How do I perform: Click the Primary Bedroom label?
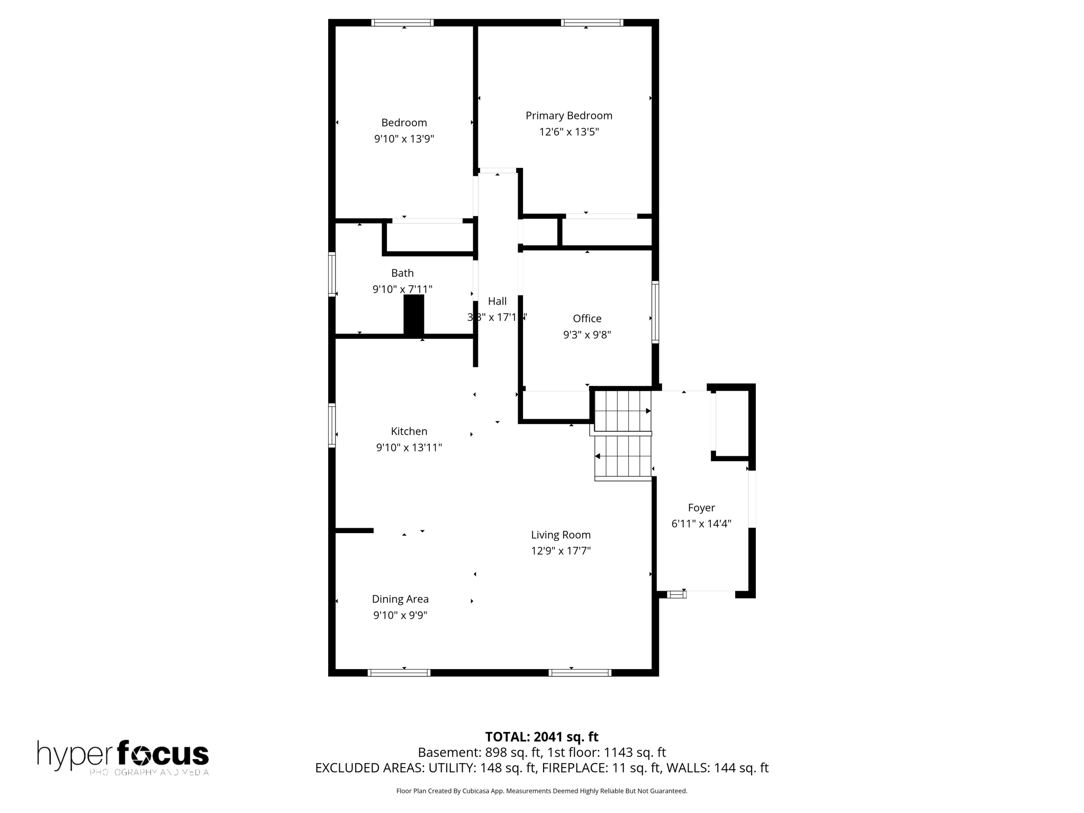point(568,115)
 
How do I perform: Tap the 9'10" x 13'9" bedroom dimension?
point(404,139)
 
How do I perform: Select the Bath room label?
point(402,273)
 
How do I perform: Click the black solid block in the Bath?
point(414,314)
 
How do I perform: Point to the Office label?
point(587,318)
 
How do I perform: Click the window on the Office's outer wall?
point(655,312)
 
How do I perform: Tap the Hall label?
point(497,301)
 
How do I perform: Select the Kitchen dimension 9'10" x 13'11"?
point(409,447)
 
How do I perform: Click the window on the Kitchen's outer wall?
point(332,425)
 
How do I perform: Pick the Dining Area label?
point(400,599)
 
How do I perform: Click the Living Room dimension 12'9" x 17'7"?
point(561,550)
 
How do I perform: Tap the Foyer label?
point(701,508)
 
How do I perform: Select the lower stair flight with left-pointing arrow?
point(623,456)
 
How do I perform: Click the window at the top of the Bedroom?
point(402,23)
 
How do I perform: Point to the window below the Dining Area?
point(399,673)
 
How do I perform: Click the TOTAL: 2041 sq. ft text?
point(541,736)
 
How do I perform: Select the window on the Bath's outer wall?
point(332,274)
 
